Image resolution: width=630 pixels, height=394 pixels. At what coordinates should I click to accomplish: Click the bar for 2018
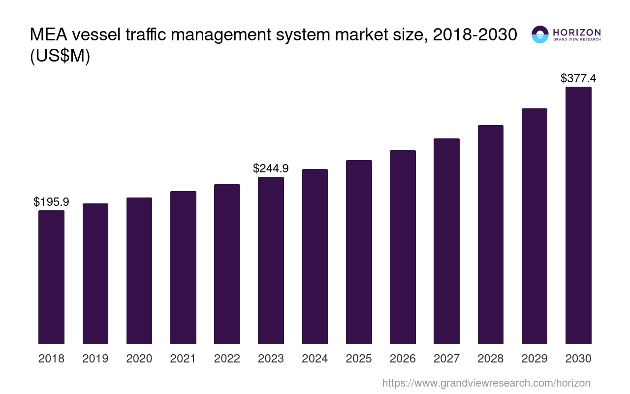tap(51, 277)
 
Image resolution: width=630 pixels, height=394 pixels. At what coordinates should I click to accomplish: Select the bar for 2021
tap(183, 267)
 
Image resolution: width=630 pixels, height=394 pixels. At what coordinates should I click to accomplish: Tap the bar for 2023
tap(271, 260)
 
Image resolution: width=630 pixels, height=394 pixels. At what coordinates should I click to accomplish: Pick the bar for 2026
tap(403, 247)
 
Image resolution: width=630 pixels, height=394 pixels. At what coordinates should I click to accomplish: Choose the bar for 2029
tap(535, 226)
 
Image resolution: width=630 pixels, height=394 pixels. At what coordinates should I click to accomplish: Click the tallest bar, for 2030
tap(578, 215)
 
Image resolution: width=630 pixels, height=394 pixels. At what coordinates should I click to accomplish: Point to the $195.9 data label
tap(51, 202)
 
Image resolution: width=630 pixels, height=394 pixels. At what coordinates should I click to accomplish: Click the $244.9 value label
tap(271, 168)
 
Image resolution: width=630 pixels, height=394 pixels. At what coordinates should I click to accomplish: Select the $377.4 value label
tap(578, 78)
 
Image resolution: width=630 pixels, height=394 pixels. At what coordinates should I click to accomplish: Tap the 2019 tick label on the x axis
tap(95, 359)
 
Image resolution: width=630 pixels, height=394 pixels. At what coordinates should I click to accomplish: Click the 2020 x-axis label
tap(139, 359)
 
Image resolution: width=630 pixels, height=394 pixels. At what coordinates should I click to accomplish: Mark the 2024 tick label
tap(315, 359)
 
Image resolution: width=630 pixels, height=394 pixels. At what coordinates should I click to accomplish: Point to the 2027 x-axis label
tap(446, 359)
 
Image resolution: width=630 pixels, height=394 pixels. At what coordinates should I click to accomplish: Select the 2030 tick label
tap(578, 359)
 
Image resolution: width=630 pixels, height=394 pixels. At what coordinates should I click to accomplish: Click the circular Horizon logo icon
tap(540, 34)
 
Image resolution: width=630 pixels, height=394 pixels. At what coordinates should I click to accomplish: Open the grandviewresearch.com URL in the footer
tap(486, 383)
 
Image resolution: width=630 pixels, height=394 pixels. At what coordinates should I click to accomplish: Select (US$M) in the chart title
tap(60, 56)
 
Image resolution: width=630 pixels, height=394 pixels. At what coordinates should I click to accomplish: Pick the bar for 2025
tap(359, 252)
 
